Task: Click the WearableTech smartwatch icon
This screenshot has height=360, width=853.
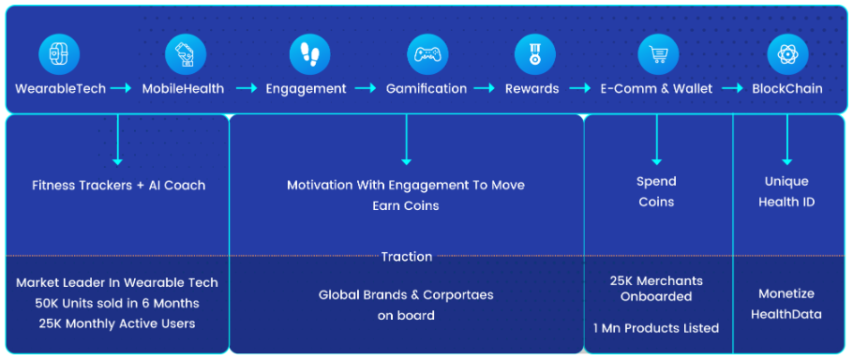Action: coord(59,54)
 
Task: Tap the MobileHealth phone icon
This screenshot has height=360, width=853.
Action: coord(186,54)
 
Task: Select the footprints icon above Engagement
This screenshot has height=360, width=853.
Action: coord(309,54)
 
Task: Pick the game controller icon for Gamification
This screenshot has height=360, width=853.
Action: coord(427,54)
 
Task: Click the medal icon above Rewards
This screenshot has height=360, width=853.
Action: coord(534,54)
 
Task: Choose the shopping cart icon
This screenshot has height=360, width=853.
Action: coord(658,54)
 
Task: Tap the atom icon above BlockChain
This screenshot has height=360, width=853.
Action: coord(787,54)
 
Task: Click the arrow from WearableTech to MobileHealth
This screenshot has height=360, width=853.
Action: coord(121,88)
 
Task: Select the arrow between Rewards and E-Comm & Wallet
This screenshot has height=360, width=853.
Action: coord(580,88)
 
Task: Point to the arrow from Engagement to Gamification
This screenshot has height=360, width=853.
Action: coord(366,88)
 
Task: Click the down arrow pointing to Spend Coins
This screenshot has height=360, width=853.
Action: coord(656,139)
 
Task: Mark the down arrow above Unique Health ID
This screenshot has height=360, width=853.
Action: coord(787,139)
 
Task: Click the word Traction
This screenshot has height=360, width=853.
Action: coord(407,257)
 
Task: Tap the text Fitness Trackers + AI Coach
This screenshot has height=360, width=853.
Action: coord(118,185)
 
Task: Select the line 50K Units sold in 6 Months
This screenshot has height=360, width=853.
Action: coord(117,303)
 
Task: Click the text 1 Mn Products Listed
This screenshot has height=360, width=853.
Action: coord(656,328)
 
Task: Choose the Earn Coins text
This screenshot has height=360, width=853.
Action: coord(406,205)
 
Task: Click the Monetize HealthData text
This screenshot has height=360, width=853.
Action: coord(786,304)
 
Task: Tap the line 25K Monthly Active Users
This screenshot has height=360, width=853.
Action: coord(117,323)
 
